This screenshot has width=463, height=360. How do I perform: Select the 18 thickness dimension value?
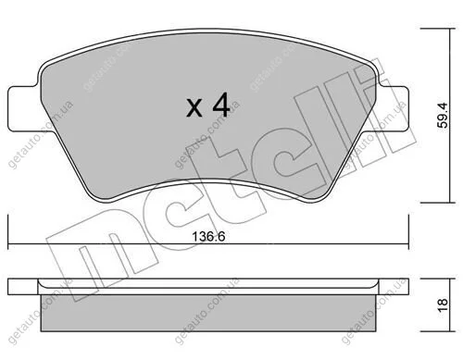[x=443, y=305]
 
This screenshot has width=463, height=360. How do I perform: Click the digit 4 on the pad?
[x=221, y=105]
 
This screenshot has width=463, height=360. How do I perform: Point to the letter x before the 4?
[x=194, y=107]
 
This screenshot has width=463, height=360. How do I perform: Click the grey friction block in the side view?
[x=208, y=313]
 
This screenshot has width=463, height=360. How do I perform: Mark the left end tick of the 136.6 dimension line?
[x=8, y=232]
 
